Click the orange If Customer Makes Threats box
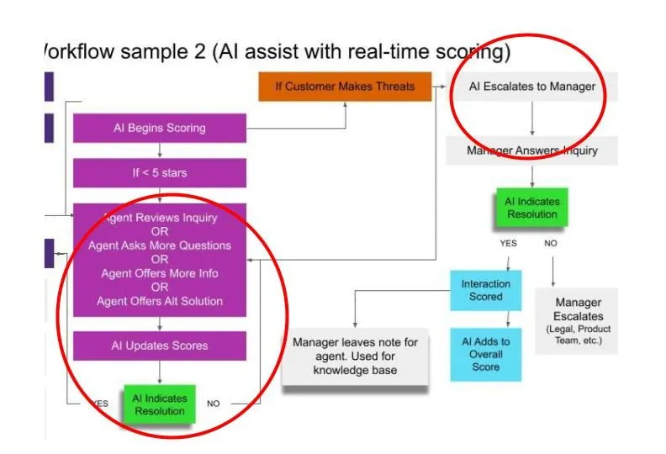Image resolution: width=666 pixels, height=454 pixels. coord(344,87)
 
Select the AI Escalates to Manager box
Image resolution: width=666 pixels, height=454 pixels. coord(531,87)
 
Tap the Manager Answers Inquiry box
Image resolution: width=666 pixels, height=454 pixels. coord(532,151)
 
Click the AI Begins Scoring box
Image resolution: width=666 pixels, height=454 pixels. coord(160,129)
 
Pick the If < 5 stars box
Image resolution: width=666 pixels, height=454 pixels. coord(160,173)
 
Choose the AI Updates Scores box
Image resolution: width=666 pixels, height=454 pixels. coord(160,346)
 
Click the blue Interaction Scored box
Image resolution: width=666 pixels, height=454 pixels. coord(485,290)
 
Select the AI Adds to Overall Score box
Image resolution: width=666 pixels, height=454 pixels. coord(485,353)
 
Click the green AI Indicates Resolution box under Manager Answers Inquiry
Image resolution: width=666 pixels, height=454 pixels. coord(531,208)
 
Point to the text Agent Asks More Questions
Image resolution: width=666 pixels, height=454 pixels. coord(160,245)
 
